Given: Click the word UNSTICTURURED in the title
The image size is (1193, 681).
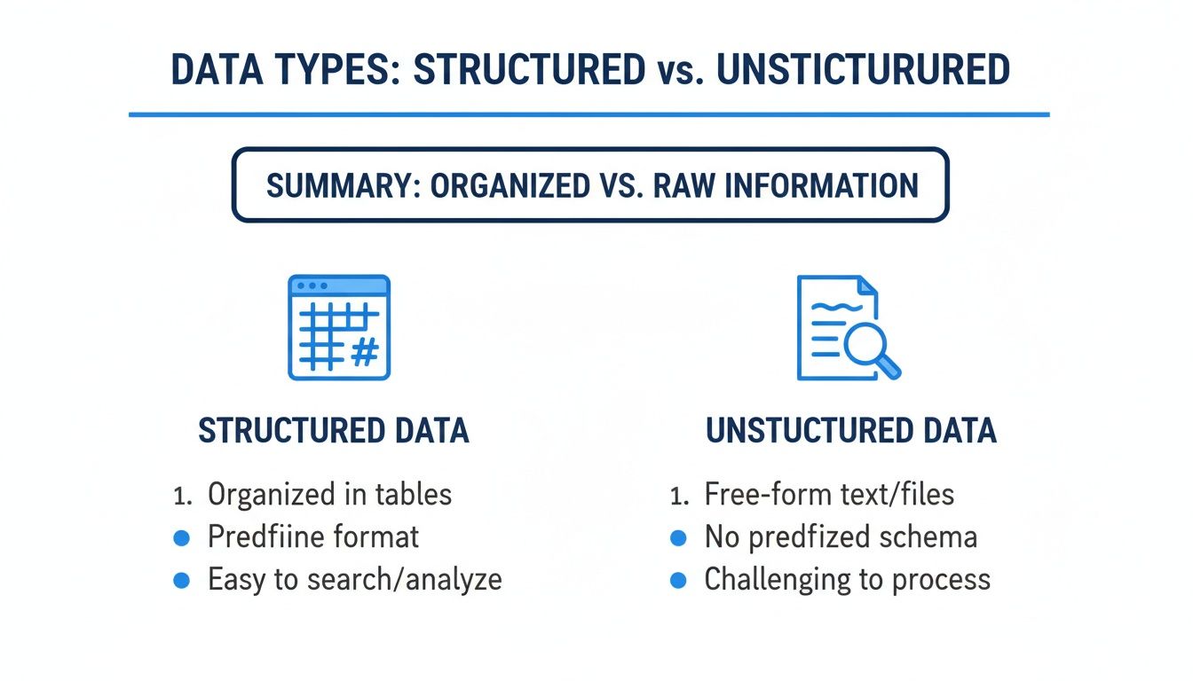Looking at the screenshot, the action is coord(863,69).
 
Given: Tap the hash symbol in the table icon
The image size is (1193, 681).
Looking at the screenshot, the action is coord(365,352).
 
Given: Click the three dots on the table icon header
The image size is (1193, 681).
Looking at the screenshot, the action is coord(312,286).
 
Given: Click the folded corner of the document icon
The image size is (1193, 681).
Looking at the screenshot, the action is coord(867,286).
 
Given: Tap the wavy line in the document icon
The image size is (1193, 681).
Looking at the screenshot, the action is coord(836,307).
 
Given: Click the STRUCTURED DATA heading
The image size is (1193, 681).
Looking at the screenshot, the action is coord(334,430).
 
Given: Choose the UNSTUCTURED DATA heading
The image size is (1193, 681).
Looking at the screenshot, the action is coord(851,430).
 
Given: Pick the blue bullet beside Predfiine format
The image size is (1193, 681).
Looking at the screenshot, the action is coord(182,538).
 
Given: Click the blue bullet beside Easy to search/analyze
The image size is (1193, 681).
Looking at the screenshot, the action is coord(182,580).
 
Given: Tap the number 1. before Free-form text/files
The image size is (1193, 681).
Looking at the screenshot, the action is coord(680,497).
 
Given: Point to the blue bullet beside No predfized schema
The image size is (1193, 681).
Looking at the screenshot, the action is coord(678,538).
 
